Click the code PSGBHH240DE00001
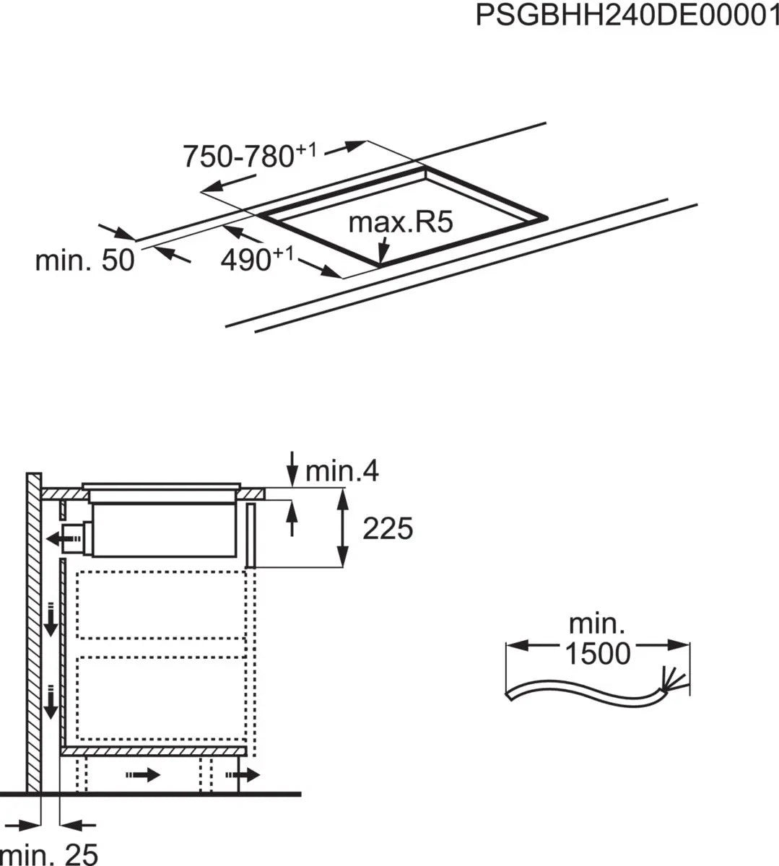pyautogui.click(x=626, y=15)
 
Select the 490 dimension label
pyautogui.click(x=257, y=259)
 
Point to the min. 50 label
pyautogui.click(x=84, y=260)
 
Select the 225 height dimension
pyautogui.click(x=387, y=529)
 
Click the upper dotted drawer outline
pyautogui.click(x=162, y=605)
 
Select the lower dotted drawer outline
pyautogui.click(x=162, y=698)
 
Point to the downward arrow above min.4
pyautogui.click(x=292, y=468)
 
